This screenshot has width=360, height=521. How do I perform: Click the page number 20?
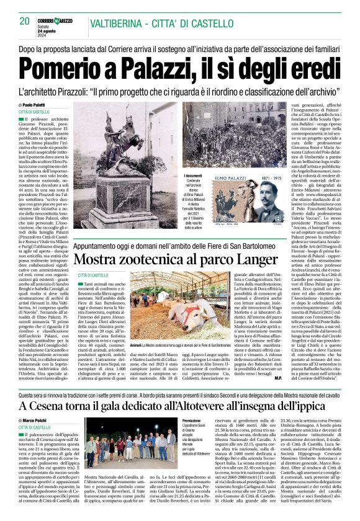click(x=25, y=21)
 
